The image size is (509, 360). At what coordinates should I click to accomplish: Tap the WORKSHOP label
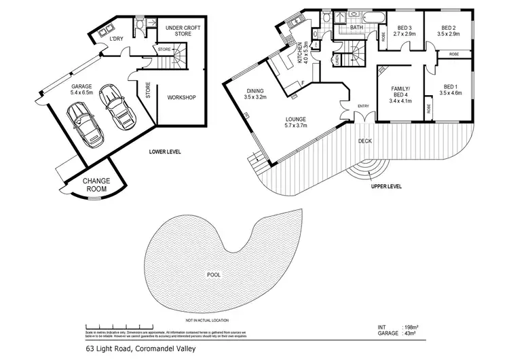point(181,98)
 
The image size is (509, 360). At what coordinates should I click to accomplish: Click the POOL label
point(213,276)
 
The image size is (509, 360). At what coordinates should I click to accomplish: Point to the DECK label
point(364,141)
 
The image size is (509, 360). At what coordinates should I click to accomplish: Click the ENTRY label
point(362,107)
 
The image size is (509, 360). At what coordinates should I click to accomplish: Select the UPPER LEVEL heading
point(388,185)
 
